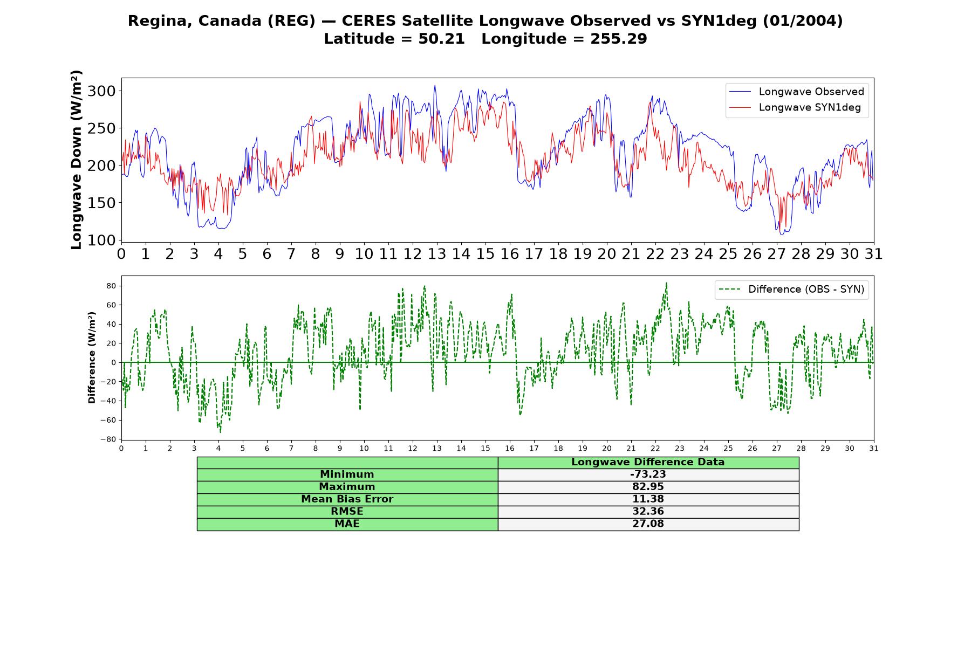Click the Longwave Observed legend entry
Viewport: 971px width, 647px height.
point(796,92)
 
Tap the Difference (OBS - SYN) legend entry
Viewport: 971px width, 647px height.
point(791,290)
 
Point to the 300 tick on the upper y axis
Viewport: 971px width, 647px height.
point(101,91)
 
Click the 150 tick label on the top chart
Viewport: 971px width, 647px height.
point(101,203)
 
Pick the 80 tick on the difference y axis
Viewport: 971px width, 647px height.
point(111,286)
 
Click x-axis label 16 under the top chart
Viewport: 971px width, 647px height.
point(509,254)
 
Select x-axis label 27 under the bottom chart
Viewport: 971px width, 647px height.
point(776,448)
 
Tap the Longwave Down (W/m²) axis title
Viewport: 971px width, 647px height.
point(77,160)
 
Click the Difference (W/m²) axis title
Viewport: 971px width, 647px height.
point(92,357)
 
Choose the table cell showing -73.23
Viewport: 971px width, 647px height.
point(648,474)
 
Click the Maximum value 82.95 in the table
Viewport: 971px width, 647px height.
point(648,487)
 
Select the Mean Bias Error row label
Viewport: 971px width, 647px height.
point(347,499)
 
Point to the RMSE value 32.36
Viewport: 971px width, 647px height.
point(648,512)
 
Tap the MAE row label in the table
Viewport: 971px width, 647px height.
point(347,524)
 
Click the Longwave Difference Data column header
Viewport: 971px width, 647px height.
point(648,462)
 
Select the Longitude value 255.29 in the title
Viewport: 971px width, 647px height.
point(619,39)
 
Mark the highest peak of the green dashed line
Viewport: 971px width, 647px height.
point(666,283)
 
